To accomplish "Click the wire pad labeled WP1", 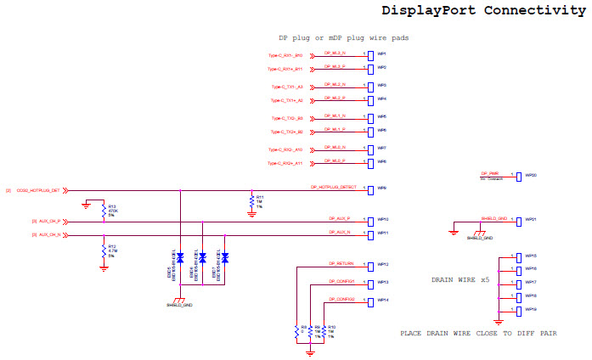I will [x=370, y=53].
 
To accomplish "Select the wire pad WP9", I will [x=370, y=188].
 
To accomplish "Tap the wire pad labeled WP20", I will [x=518, y=175].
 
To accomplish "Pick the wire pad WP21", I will [x=518, y=219].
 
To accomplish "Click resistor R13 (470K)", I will [x=103, y=210].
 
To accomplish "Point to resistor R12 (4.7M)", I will [x=103, y=251].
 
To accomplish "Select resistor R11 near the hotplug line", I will [x=251, y=200].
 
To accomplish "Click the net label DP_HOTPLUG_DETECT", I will [x=333, y=185].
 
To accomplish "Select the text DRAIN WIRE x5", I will [x=460, y=279].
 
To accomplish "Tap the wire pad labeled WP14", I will [x=370, y=301].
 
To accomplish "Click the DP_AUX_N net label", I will [x=338, y=231].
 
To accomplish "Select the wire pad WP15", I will [x=518, y=256].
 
